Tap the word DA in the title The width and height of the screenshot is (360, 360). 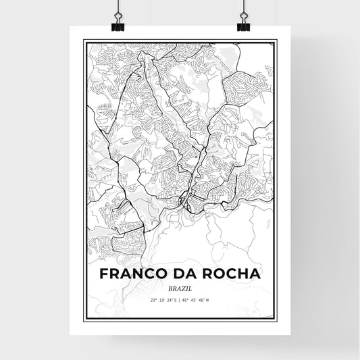click(185, 275)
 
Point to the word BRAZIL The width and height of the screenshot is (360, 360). click(180, 288)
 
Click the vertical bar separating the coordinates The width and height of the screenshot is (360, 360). click(180, 300)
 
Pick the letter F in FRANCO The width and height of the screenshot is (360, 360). click(103, 275)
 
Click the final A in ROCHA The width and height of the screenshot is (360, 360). click(255, 275)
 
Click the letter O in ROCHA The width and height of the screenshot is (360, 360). click(215, 275)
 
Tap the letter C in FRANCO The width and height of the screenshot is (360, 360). click(147, 275)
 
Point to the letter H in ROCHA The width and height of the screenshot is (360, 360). click(241, 275)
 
